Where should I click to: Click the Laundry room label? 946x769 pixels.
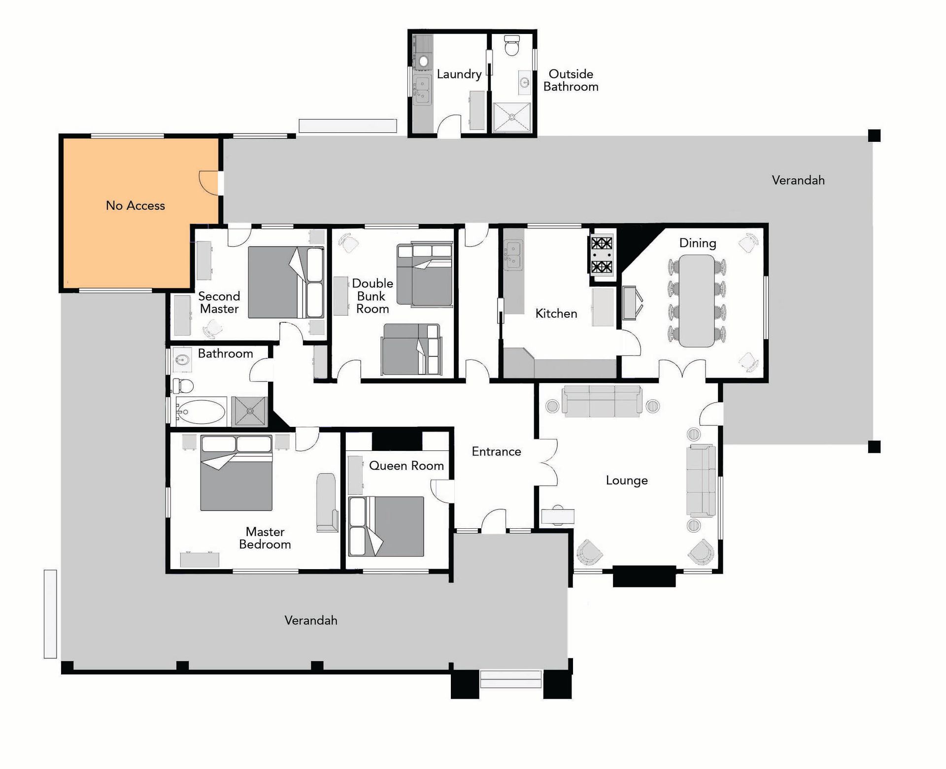[x=459, y=74]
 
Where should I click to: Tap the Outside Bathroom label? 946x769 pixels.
[x=571, y=80]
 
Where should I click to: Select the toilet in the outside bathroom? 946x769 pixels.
[x=512, y=45]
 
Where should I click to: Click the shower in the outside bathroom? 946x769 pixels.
[x=512, y=117]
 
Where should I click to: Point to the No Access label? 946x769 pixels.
[x=135, y=206]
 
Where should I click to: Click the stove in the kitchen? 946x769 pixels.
[x=602, y=255]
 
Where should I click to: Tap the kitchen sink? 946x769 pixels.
[x=513, y=255]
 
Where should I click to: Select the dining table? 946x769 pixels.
[x=697, y=301]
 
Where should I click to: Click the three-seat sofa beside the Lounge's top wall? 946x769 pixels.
[x=602, y=401]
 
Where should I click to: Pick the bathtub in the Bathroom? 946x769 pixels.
[x=201, y=412]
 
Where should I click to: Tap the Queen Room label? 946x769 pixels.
[x=406, y=466]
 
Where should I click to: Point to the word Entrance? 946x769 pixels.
[x=496, y=451]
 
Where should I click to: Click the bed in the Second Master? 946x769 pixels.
[x=286, y=282]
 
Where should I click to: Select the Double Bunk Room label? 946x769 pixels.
[x=372, y=296]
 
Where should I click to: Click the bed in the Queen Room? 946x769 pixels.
[x=386, y=526]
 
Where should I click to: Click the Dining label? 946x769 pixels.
[x=697, y=243]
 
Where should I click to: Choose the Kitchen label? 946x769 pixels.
[x=556, y=314]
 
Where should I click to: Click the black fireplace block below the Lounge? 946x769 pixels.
[x=644, y=577]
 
